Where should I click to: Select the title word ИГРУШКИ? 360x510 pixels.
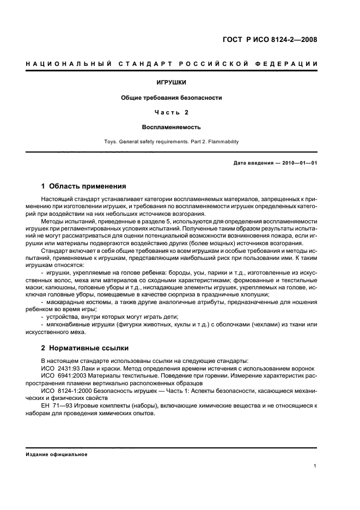(x=172, y=83)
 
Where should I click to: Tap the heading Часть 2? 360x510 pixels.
(x=172, y=112)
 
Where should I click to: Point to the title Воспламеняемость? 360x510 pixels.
(x=172, y=127)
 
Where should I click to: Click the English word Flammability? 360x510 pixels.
(x=222, y=142)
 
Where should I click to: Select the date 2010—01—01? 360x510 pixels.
(x=298, y=163)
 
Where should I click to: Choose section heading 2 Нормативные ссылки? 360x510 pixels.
(x=86, y=348)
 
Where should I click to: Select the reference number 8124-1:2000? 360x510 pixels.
(x=75, y=391)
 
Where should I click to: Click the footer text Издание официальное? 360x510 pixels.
(x=57, y=454)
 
